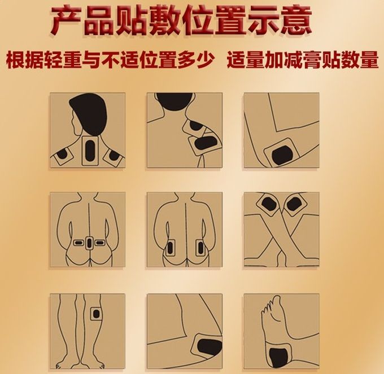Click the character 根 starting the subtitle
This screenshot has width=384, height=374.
[x=15, y=59]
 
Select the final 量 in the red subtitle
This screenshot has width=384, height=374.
[x=369, y=59]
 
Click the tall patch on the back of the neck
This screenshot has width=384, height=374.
[x=90, y=150]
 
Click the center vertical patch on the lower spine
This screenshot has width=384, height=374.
[x=89, y=243]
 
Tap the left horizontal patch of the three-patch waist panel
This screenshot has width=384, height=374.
[x=79, y=243]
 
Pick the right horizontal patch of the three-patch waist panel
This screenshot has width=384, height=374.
[x=99, y=243]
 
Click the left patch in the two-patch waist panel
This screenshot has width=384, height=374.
[x=169, y=248]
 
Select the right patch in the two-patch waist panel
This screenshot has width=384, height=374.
[x=200, y=248]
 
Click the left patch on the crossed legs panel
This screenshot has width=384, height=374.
[x=268, y=204]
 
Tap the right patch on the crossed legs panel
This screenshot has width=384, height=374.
[x=295, y=204]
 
